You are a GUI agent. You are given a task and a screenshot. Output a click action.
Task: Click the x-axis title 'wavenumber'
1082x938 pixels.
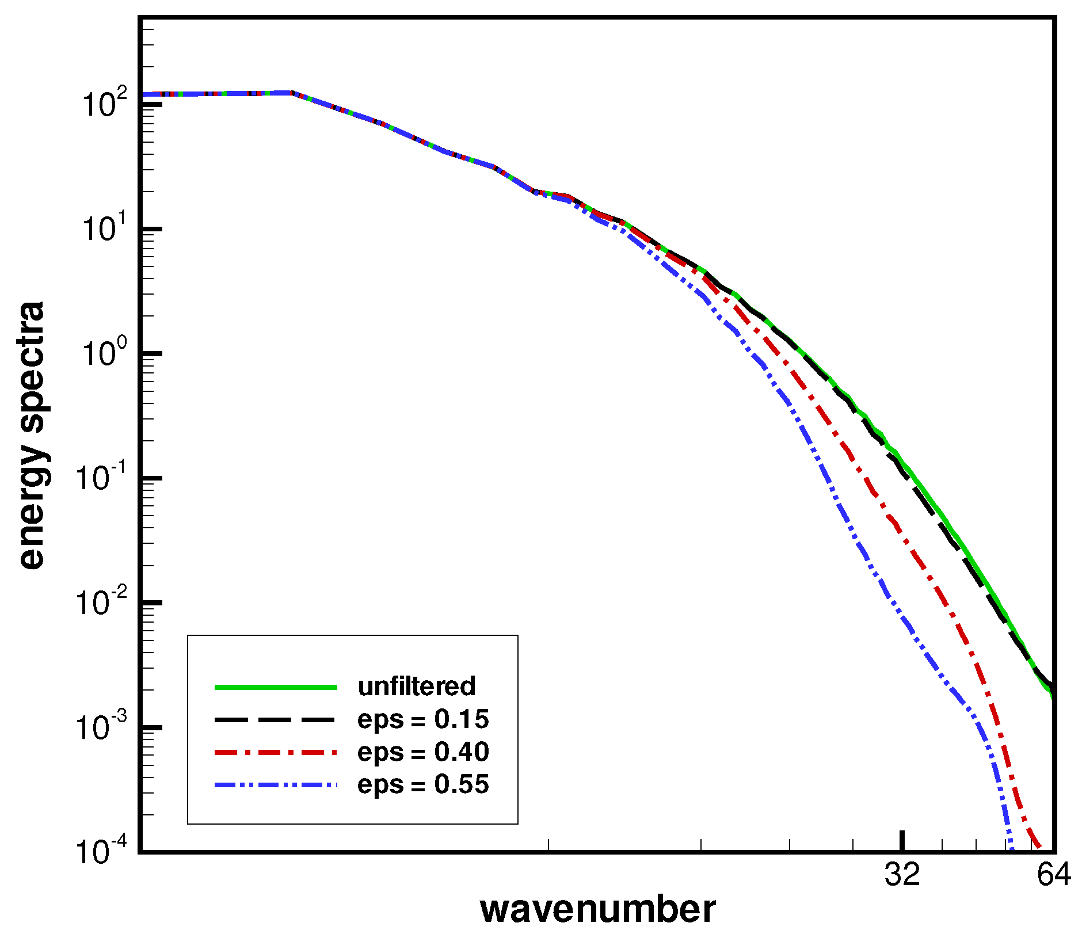pyautogui.click(x=597, y=910)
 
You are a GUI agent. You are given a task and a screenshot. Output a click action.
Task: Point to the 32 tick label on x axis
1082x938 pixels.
pyautogui.click(x=902, y=875)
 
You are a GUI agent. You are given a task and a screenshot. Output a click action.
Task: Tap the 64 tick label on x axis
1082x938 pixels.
pyautogui.click(x=1054, y=875)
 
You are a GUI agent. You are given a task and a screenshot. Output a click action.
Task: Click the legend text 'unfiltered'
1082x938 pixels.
pyautogui.click(x=417, y=686)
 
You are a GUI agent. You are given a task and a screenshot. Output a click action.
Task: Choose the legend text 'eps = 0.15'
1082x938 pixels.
pyautogui.click(x=423, y=719)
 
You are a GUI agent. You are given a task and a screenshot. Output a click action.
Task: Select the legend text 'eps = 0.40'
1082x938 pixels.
pyautogui.click(x=423, y=752)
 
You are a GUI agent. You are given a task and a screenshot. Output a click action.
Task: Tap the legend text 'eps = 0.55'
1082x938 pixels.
pyautogui.click(x=423, y=784)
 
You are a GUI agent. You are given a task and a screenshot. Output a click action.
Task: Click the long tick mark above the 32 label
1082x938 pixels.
pyautogui.click(x=902, y=840)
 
